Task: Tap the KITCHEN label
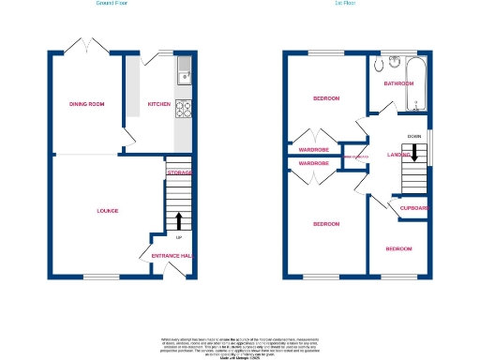pos(157,104)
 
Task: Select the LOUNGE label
pos(107,211)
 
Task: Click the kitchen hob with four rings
pos(183,108)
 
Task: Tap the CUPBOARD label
pos(414,207)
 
